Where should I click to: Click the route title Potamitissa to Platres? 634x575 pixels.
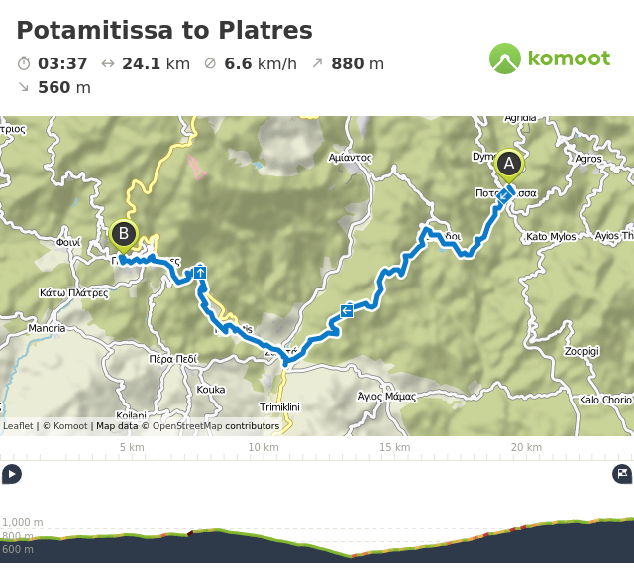(164, 31)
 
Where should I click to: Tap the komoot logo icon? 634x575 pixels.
(505, 58)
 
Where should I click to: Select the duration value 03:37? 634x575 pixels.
(62, 64)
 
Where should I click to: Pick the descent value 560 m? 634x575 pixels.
(64, 87)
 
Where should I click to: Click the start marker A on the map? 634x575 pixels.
(508, 164)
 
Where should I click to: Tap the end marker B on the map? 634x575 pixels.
(124, 235)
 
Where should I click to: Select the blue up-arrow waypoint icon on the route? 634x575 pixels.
(200, 272)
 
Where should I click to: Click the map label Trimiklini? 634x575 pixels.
(279, 407)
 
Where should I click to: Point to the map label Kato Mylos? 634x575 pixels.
(550, 237)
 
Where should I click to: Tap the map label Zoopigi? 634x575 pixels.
(581, 351)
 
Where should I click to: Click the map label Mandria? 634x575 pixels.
(47, 328)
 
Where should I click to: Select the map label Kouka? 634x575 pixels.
(211, 390)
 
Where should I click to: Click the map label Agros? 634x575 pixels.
(588, 158)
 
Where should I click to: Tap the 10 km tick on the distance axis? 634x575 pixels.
(263, 447)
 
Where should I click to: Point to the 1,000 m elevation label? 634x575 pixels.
(23, 522)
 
